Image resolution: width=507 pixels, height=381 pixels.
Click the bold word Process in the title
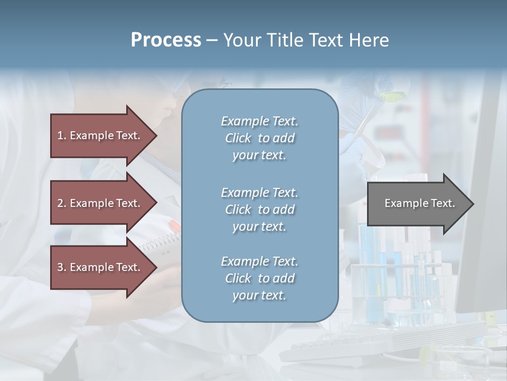[x=166, y=40]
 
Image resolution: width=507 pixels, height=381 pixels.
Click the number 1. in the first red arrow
[x=61, y=135]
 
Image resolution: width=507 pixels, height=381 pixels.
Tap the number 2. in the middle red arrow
[x=61, y=203]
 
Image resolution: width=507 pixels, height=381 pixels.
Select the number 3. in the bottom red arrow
[x=61, y=267]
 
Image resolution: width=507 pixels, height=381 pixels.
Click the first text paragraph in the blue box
[x=259, y=138]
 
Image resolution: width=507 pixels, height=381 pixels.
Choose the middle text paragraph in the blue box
[x=259, y=209]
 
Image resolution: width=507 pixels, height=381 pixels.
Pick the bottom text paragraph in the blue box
[x=259, y=278]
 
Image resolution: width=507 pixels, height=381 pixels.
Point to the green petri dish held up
[x=391, y=96]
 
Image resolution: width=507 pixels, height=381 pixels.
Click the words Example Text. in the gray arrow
[x=419, y=203]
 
